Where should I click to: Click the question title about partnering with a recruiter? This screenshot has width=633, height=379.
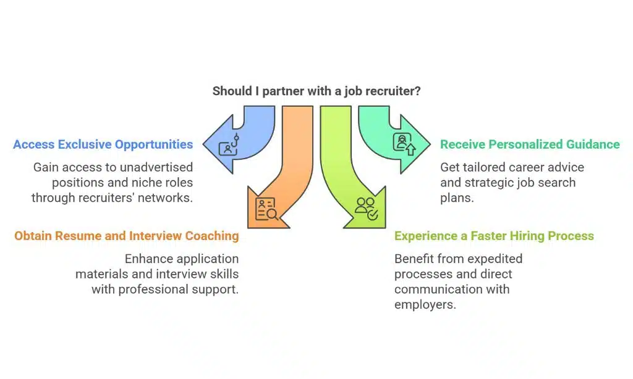(x=316, y=91)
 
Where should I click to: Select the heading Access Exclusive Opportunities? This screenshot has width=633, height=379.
(x=103, y=144)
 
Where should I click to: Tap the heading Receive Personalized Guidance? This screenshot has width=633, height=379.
(x=530, y=144)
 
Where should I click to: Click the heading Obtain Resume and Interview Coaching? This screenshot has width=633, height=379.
(x=127, y=236)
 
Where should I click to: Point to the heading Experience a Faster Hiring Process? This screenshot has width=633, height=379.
(x=494, y=236)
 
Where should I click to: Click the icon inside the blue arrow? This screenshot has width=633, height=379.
(x=229, y=144)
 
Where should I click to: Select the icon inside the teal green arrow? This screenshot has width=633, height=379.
(x=404, y=144)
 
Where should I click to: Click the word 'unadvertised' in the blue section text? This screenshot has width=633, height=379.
(x=155, y=167)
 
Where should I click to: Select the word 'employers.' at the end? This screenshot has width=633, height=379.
(x=425, y=304)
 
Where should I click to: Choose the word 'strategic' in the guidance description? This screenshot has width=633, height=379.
(x=488, y=183)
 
